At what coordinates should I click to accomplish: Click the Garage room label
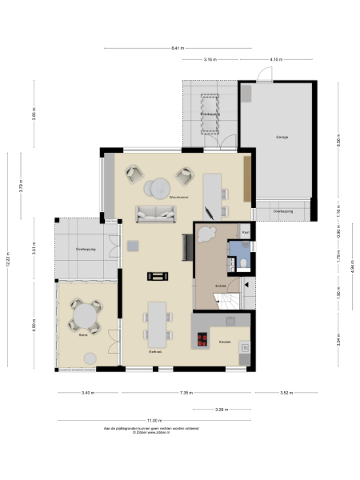[x=282, y=137]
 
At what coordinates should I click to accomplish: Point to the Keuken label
[x=225, y=342]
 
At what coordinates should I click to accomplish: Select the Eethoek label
[x=155, y=352]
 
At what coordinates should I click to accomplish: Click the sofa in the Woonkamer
[x=156, y=213]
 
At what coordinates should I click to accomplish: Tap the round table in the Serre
[x=84, y=315]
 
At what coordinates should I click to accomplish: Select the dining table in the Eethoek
[x=156, y=320]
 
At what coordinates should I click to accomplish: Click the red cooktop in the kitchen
[x=201, y=338]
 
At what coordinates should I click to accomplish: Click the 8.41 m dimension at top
[x=178, y=48]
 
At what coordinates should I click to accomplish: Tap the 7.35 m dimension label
[x=186, y=393]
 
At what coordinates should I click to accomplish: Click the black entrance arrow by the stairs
[x=247, y=285]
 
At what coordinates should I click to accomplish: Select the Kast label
[x=246, y=234]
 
